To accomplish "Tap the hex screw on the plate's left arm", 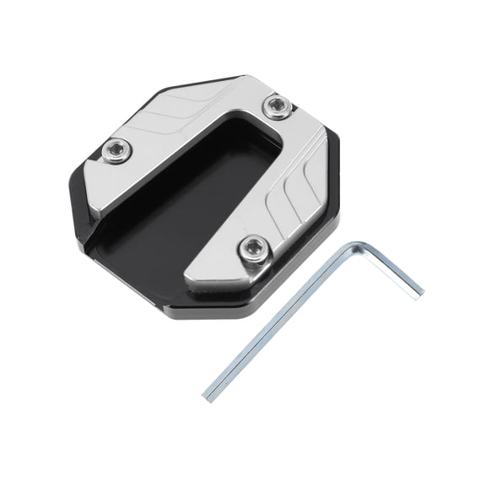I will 116,152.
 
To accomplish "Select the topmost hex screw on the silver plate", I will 275,106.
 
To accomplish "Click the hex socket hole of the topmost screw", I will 275,106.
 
